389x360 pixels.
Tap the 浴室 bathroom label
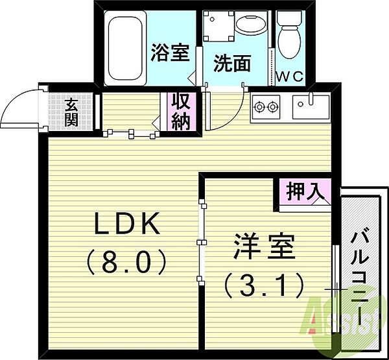(x=171, y=53)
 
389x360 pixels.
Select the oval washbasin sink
(x=250, y=25)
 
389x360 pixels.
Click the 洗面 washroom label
(x=232, y=63)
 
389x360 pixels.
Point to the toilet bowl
(x=290, y=42)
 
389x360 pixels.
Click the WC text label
(x=290, y=77)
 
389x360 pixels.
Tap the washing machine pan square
(x=218, y=26)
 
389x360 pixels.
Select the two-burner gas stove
(x=266, y=107)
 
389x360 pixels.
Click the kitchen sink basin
(x=311, y=107)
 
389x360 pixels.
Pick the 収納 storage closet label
(x=181, y=112)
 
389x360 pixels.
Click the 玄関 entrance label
(x=71, y=112)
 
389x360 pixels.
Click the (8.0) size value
(x=126, y=261)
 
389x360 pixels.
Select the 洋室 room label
(x=265, y=246)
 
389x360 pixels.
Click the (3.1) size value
(x=265, y=285)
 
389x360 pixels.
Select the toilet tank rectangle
(x=289, y=18)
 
